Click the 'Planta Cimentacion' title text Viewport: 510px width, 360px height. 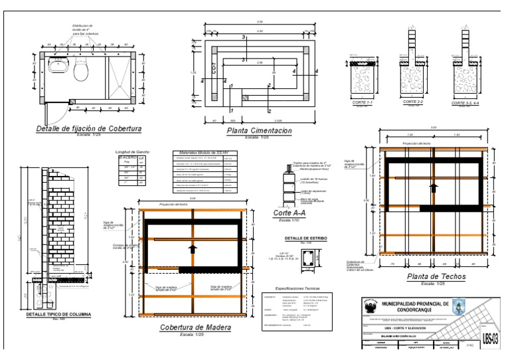click(259, 132)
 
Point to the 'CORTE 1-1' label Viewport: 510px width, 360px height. click(364, 103)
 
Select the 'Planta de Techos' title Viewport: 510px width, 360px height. click(436, 276)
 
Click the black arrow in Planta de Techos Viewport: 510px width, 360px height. click(433, 188)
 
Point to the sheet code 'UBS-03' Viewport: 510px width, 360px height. click(491, 336)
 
